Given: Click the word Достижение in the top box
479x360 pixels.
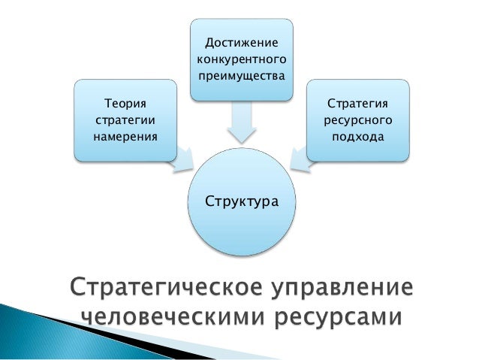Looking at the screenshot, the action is click(241, 43).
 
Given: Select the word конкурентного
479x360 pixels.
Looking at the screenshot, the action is click(241, 59).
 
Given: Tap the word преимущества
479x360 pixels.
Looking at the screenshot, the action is click(241, 76).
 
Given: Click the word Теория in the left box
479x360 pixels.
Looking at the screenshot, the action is click(125, 104).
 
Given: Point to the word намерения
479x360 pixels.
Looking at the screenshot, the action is click(125, 137).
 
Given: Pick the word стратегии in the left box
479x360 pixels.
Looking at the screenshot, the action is click(125, 120).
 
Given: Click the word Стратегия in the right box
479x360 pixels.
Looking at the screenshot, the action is click(357, 104).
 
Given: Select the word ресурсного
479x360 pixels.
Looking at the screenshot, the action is click(357, 120).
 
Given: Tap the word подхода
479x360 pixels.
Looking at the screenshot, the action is click(357, 137).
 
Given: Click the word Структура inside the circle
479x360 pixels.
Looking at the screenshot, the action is click(242, 202).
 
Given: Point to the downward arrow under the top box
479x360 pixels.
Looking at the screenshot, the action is click(242, 123).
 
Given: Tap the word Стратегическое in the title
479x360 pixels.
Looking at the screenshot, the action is click(167, 288).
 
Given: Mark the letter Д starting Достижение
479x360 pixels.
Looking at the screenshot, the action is click(210, 43).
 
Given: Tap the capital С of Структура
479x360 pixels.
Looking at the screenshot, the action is click(210, 201).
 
